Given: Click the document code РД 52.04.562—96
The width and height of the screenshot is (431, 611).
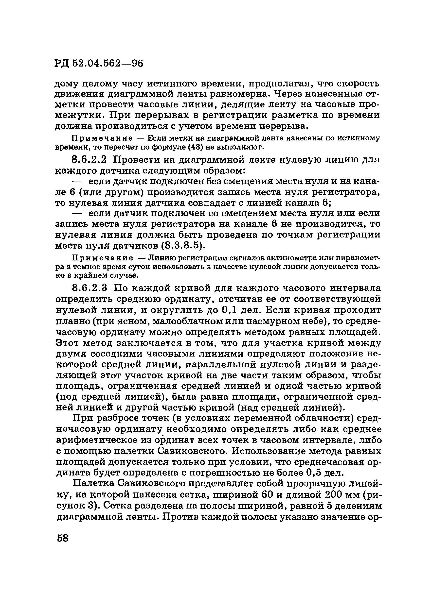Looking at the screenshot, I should tap(99, 63).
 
